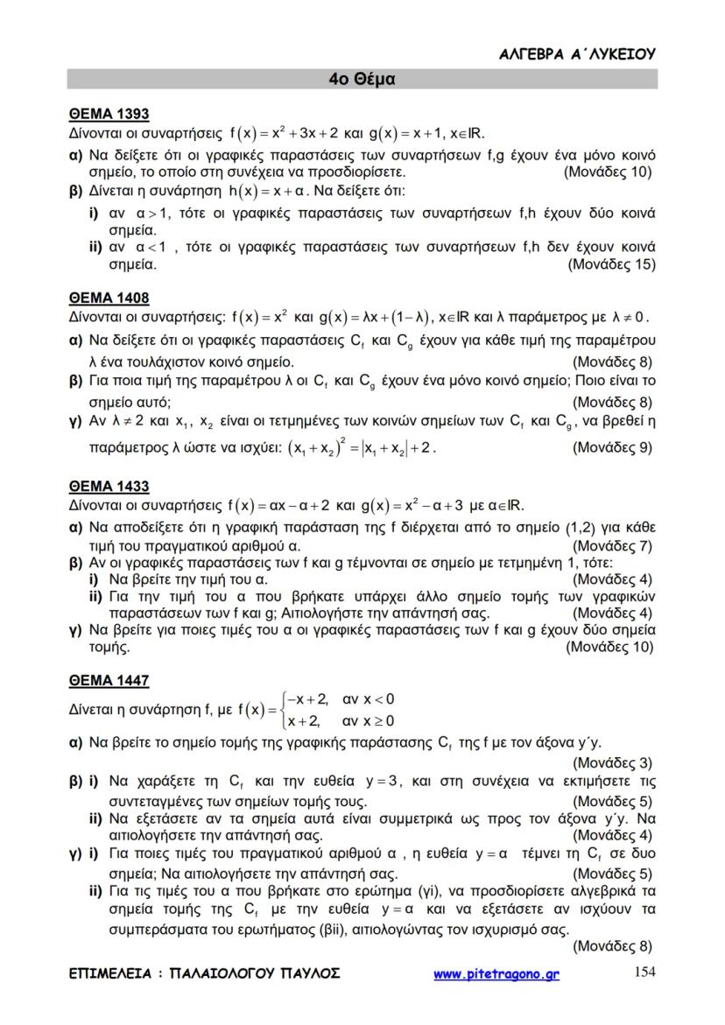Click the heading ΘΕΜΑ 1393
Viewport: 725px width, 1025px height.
coord(109,114)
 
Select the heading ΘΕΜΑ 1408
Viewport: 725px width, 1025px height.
coord(109,296)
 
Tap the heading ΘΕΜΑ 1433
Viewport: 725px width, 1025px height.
coord(109,486)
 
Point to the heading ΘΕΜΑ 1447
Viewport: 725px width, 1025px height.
coord(109,680)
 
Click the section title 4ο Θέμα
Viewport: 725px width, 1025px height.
coord(362,79)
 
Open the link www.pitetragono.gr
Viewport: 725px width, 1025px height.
coord(496,973)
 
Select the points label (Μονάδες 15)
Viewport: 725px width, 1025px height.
coord(611,263)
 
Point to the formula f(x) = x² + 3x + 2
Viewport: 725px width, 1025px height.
coord(280,134)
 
